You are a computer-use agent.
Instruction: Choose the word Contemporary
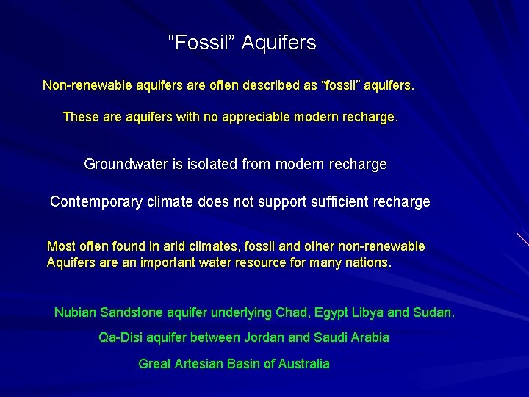[96, 202]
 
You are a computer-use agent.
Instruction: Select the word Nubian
[75, 313]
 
